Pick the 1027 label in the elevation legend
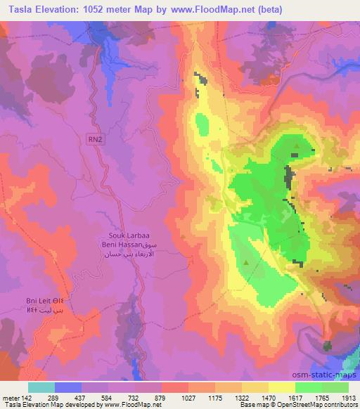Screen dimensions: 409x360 tap(174, 398)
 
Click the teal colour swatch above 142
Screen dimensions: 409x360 tap(41, 387)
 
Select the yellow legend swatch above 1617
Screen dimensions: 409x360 tap(282, 387)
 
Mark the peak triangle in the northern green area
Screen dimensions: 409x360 tap(297, 148)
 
